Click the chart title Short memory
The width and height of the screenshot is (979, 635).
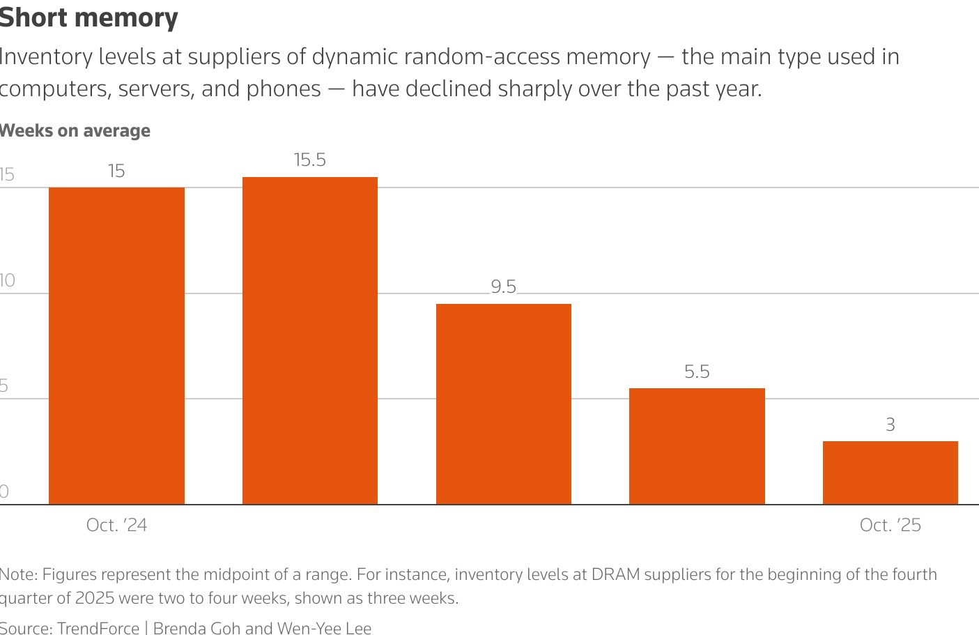[x=88, y=17]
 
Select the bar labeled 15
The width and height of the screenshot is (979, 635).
[x=116, y=345]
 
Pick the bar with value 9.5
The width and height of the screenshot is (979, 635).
[x=503, y=404]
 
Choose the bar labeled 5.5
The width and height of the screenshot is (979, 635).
[x=697, y=446]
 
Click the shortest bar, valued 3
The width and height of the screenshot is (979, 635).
[x=890, y=473]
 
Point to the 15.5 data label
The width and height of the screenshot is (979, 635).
[x=310, y=160]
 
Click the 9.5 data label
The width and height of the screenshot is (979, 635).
[x=503, y=287]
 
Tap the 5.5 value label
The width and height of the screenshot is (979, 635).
[x=697, y=372]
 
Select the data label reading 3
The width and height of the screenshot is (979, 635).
[x=890, y=424]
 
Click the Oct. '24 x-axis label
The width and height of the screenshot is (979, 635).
[x=116, y=525]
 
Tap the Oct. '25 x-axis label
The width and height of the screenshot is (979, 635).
[x=890, y=525]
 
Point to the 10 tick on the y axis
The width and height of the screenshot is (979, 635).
[x=7, y=281]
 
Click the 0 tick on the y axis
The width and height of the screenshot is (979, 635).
[x=4, y=491]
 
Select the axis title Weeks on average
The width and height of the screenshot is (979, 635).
[x=75, y=131]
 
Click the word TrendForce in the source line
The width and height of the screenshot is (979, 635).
[x=98, y=628]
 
